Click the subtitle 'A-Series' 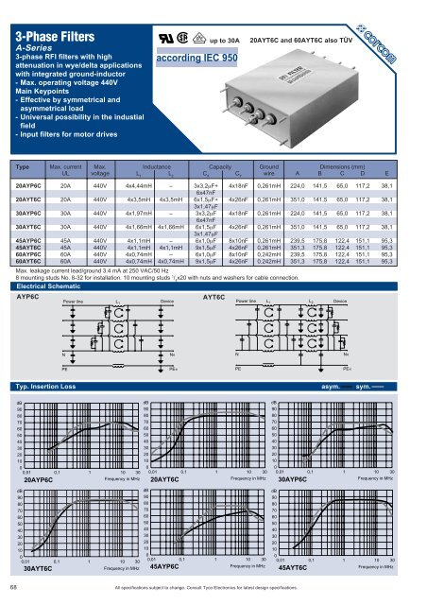tap(36, 55)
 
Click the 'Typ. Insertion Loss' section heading tap(45, 387)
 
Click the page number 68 tap(10, 588)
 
